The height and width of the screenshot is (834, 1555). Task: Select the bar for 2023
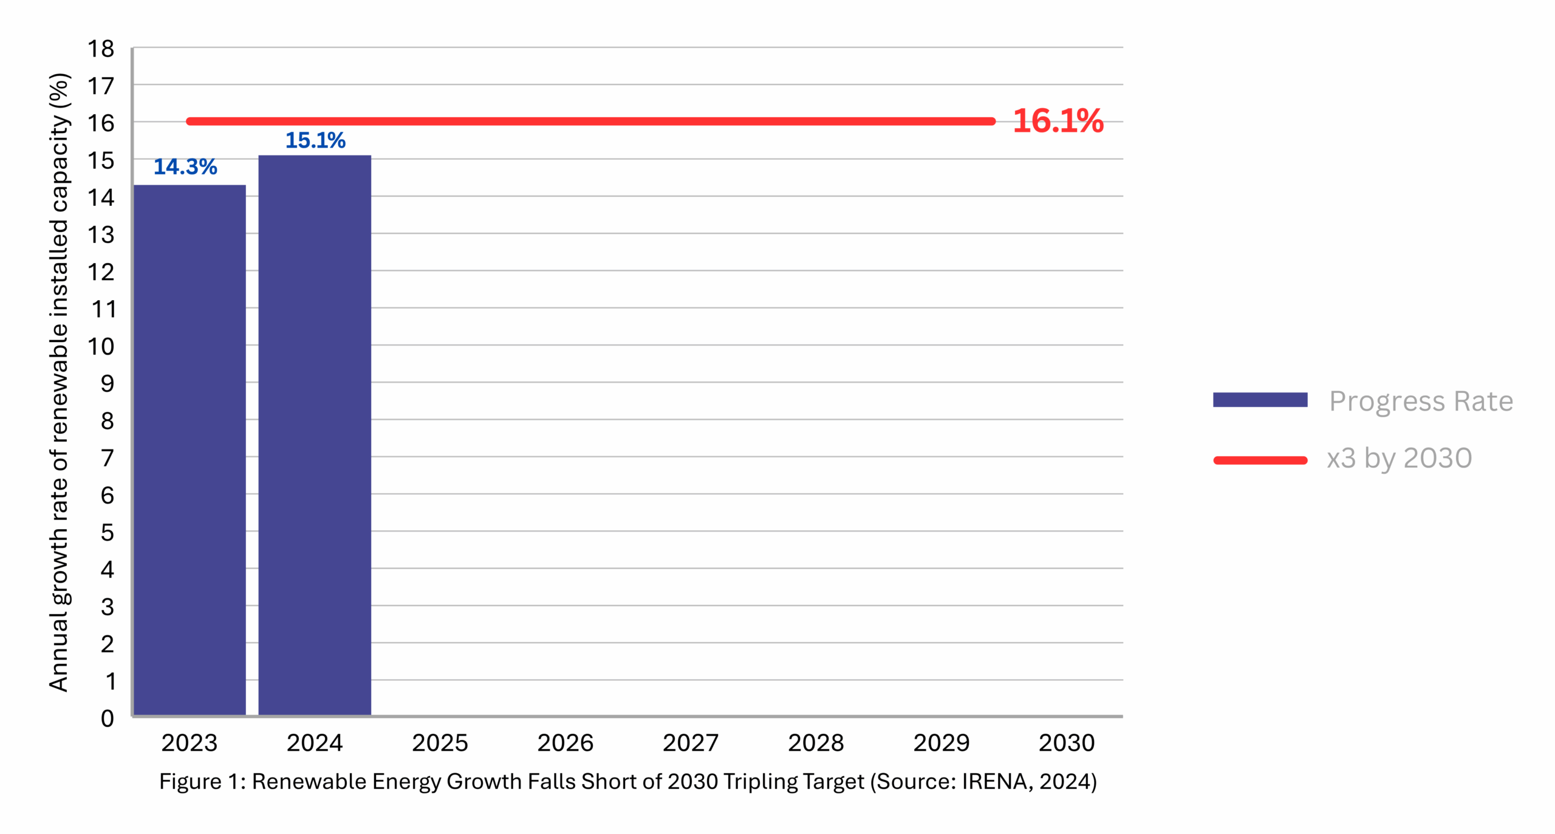click(189, 449)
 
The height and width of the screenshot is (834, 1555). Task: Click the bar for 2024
click(314, 434)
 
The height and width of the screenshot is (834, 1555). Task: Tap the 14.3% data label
click(185, 166)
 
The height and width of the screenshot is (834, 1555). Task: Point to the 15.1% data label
click(315, 140)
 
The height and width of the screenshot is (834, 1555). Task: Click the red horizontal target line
click(589, 121)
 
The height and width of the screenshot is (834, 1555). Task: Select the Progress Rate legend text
click(1420, 401)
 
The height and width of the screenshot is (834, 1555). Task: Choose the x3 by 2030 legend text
click(1398, 457)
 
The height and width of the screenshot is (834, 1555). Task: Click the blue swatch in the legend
click(1259, 399)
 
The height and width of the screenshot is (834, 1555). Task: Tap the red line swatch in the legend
click(1259, 460)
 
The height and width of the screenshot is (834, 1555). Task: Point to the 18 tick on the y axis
click(101, 49)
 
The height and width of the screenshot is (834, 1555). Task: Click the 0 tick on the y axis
click(107, 718)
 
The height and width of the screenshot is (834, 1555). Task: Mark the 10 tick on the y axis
click(101, 346)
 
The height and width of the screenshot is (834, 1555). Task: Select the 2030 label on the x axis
click(1066, 742)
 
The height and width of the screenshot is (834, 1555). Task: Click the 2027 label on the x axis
click(690, 742)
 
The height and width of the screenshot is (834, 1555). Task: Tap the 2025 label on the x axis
click(440, 742)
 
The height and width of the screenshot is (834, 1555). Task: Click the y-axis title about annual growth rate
click(59, 383)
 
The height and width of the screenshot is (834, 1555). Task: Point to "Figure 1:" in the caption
click(202, 781)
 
